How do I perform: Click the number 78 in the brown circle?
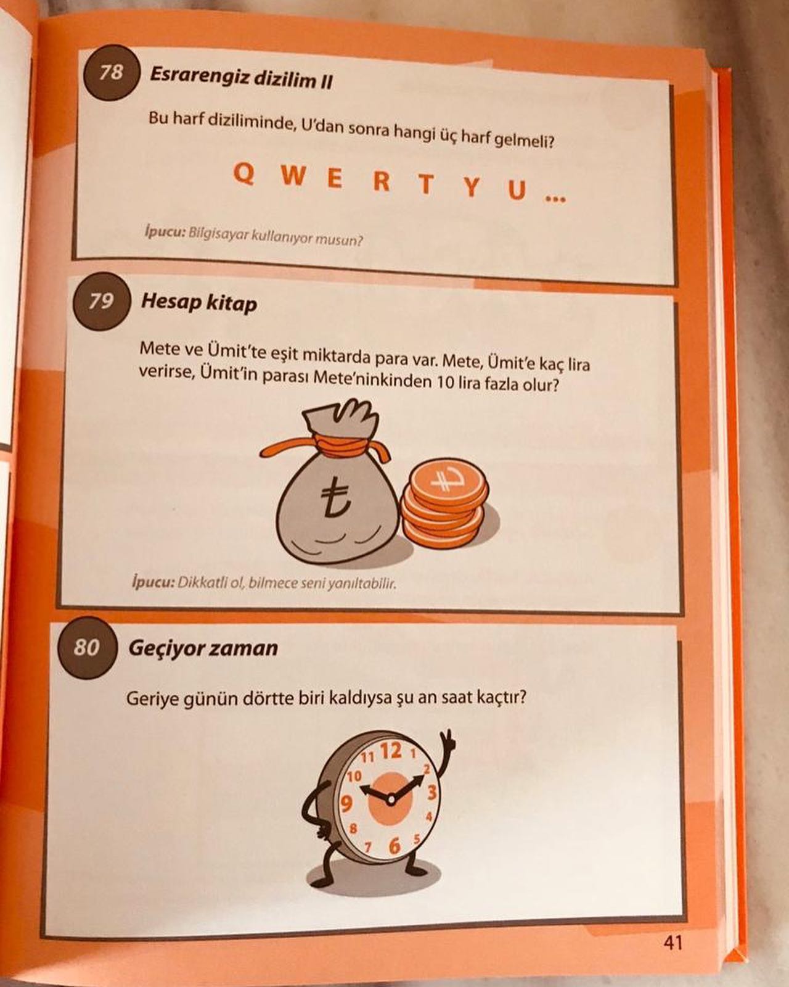tap(112, 72)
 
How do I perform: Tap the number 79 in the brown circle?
tap(101, 301)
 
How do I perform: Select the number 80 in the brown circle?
tap(86, 647)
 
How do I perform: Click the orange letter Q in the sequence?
tap(243, 175)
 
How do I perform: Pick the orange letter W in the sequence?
tap(293, 176)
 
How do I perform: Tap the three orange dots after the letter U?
tap(556, 199)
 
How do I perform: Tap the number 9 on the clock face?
tap(346, 804)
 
